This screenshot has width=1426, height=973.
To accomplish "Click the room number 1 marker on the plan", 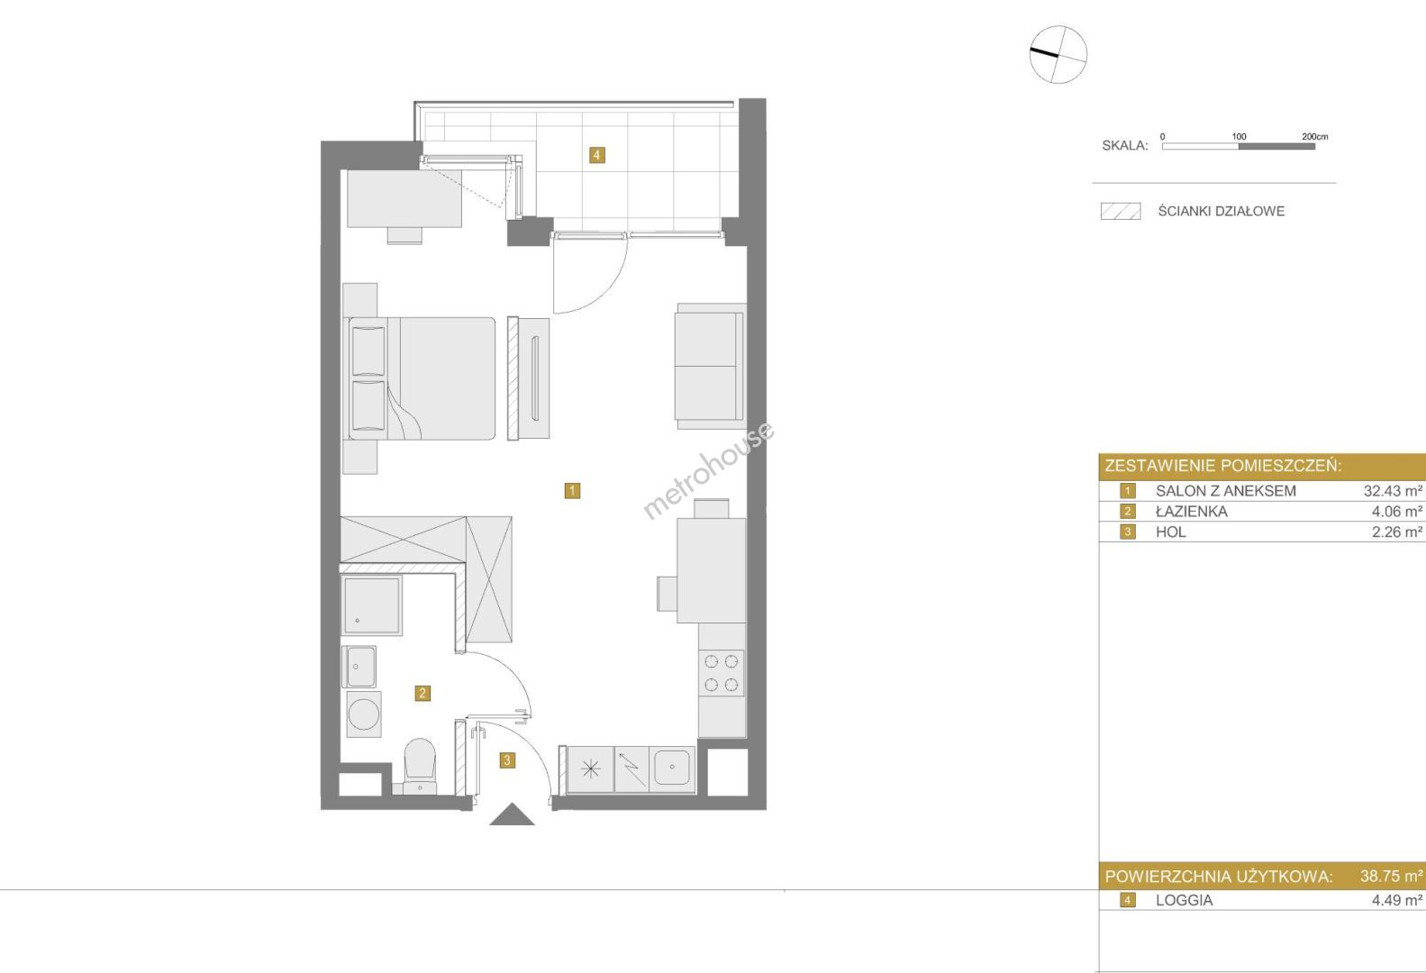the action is pyautogui.click(x=572, y=490).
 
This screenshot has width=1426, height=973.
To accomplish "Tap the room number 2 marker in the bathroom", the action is pyautogui.click(x=422, y=693).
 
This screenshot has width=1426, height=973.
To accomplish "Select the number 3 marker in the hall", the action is pyautogui.click(x=507, y=759).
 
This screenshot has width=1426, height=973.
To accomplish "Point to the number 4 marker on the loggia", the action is pyautogui.click(x=596, y=155).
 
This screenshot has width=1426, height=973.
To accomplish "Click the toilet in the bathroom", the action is pyautogui.click(x=420, y=765).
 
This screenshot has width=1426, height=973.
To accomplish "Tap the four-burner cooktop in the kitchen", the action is pyautogui.click(x=722, y=673).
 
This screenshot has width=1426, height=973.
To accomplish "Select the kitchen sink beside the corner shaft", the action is pyautogui.click(x=672, y=769).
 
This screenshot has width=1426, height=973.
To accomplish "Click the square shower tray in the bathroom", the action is pyautogui.click(x=372, y=605).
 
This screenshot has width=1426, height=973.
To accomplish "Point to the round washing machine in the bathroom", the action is pyautogui.click(x=364, y=714).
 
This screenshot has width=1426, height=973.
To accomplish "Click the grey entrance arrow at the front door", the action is pyautogui.click(x=512, y=814).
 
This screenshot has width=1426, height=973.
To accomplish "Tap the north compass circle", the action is pyautogui.click(x=1058, y=54).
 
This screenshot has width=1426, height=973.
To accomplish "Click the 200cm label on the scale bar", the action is pyautogui.click(x=1314, y=136).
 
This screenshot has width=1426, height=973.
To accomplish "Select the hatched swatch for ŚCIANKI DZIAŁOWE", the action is pyautogui.click(x=1121, y=211).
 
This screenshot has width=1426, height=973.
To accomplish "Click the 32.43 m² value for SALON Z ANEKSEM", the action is pyautogui.click(x=1393, y=490).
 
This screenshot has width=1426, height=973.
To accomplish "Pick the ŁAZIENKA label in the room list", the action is pyautogui.click(x=1191, y=512).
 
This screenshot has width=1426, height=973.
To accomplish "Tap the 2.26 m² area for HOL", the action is pyautogui.click(x=1396, y=532).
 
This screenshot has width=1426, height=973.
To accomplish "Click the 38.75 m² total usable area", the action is pyautogui.click(x=1391, y=876).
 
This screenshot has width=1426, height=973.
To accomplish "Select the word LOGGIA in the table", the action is pyautogui.click(x=1184, y=900).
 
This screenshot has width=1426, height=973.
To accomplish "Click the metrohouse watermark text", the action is pyautogui.click(x=709, y=469).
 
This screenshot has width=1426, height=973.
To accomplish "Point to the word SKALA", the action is pyautogui.click(x=1124, y=145).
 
